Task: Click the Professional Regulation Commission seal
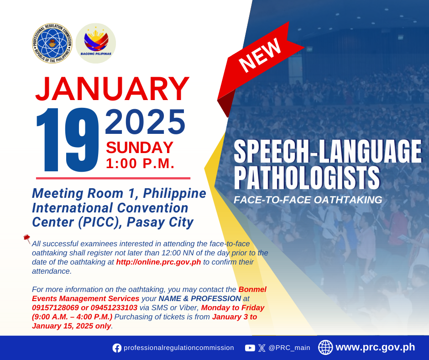pyautogui.click(x=52, y=43)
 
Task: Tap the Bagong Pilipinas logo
pyautogui.click(x=96, y=43)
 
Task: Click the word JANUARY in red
pyautogui.click(x=112, y=89)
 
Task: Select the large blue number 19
pyautogui.click(x=68, y=140)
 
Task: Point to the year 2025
pyautogui.click(x=145, y=122)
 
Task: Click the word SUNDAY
pyautogui.click(x=140, y=148)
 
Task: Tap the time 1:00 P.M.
pyautogui.click(x=140, y=164)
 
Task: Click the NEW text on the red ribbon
pyautogui.click(x=260, y=55)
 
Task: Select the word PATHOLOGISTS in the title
pyautogui.click(x=307, y=178)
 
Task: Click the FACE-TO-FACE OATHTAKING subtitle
pyautogui.click(x=308, y=200)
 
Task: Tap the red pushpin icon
pyautogui.click(x=27, y=239)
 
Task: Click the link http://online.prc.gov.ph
pyautogui.click(x=158, y=262)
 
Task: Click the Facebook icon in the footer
pyautogui.click(x=117, y=348)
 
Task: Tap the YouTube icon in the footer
pyautogui.click(x=250, y=348)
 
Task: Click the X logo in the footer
pyautogui.click(x=262, y=348)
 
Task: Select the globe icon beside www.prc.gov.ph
pyautogui.click(x=325, y=347)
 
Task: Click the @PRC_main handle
pyautogui.click(x=289, y=348)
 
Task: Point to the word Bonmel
pyautogui.click(x=252, y=289)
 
